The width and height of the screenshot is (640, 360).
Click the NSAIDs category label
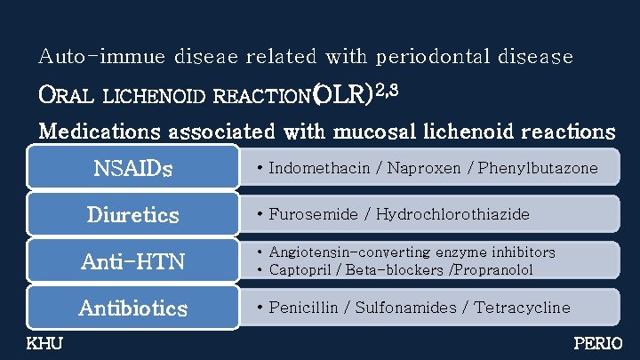pos(133,168)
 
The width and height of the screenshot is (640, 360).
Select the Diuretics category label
pos(133,215)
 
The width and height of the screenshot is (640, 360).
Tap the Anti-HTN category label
pos(133,261)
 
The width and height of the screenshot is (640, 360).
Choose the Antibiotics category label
pos(133,308)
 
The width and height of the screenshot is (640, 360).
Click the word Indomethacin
pos(313,168)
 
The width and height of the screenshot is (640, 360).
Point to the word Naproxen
pos(411,168)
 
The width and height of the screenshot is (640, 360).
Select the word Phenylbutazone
pos(538,168)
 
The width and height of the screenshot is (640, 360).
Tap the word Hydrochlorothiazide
pos(452,214)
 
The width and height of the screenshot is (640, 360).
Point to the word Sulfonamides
pos(407,308)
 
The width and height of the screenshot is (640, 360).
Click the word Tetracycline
pos(522,308)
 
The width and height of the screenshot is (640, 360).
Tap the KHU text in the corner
pos(44,343)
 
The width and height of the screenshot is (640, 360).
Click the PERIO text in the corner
pos(598,343)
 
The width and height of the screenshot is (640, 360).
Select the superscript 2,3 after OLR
pos(388,87)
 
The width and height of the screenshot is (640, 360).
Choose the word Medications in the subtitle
pos(99,132)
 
